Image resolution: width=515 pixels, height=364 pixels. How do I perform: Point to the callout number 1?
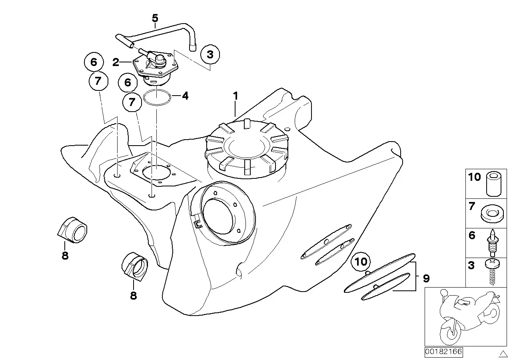[x=236, y=96]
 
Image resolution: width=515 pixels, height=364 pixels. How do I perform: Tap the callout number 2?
[x=116, y=62]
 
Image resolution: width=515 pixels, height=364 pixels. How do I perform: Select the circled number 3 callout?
[x=210, y=55]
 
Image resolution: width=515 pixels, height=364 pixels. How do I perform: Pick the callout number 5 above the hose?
[x=155, y=18]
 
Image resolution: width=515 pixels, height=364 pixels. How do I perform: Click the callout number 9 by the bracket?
[x=426, y=278]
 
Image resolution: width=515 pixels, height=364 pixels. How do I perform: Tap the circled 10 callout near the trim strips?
[x=361, y=262]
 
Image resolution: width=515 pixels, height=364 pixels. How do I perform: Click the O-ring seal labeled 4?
[x=156, y=97]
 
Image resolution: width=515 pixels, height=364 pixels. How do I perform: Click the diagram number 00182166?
[x=443, y=352]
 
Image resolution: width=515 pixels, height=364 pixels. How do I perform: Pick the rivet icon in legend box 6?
[x=492, y=242]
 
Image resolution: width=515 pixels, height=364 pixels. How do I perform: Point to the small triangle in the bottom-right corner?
[x=503, y=353]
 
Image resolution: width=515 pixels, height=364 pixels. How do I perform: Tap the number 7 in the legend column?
[x=472, y=207]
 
